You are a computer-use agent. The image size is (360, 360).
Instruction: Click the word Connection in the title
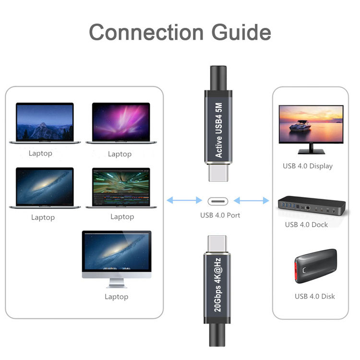coord(144,33)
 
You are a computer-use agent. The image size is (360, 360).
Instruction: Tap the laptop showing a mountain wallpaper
coord(45,123)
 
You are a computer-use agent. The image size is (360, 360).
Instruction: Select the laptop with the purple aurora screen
coord(120,123)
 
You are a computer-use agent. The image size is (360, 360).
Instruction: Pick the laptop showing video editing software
coord(121,188)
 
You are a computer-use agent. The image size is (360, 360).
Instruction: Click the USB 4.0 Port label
coord(220,215)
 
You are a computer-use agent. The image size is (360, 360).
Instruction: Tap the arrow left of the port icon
coord(184,200)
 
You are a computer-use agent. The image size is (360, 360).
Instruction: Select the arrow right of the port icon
coord(251,200)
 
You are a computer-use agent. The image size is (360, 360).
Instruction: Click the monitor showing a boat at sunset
coord(311,125)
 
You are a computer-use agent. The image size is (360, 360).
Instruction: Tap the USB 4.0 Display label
coord(308,166)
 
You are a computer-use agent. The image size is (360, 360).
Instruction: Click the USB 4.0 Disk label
coord(314,296)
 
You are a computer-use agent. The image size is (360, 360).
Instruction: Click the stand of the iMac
coord(117,284)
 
